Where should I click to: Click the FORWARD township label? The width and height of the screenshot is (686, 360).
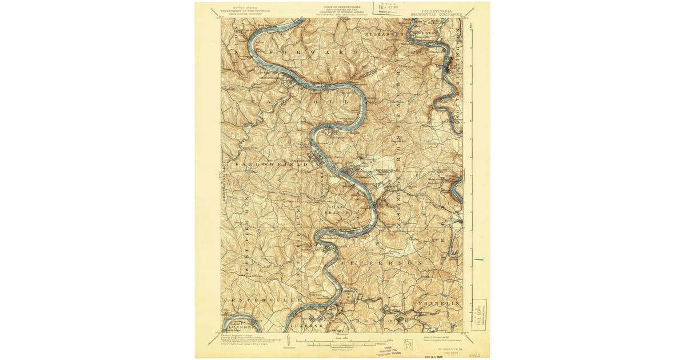[x=312, y=52]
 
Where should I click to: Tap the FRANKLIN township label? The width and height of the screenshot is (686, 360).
[x=439, y=302]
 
